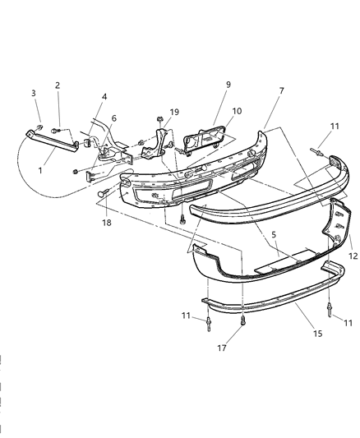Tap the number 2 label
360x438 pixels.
click(x=58, y=85)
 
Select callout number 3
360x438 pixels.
click(x=34, y=93)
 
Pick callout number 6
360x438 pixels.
click(x=113, y=119)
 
